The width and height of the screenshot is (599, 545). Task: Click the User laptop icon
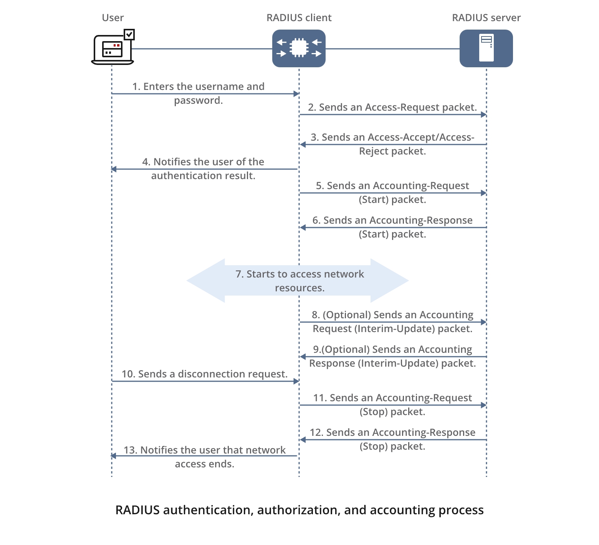[112, 50]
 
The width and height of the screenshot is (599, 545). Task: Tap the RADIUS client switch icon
[299, 48]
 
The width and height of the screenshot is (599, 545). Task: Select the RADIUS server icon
[486, 48]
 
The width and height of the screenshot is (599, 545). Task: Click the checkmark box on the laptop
[129, 35]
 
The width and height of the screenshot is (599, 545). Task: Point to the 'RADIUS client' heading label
[299, 18]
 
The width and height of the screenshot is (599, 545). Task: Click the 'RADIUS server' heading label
[486, 18]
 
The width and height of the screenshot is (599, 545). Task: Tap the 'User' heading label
[113, 18]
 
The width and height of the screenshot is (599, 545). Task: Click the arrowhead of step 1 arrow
[296, 94]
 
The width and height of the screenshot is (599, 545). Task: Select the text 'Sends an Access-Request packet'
[397, 107]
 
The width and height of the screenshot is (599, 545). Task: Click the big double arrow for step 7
[298, 281]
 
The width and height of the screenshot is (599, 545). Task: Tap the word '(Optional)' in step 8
[347, 315]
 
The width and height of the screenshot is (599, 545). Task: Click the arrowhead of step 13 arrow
[114, 456]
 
